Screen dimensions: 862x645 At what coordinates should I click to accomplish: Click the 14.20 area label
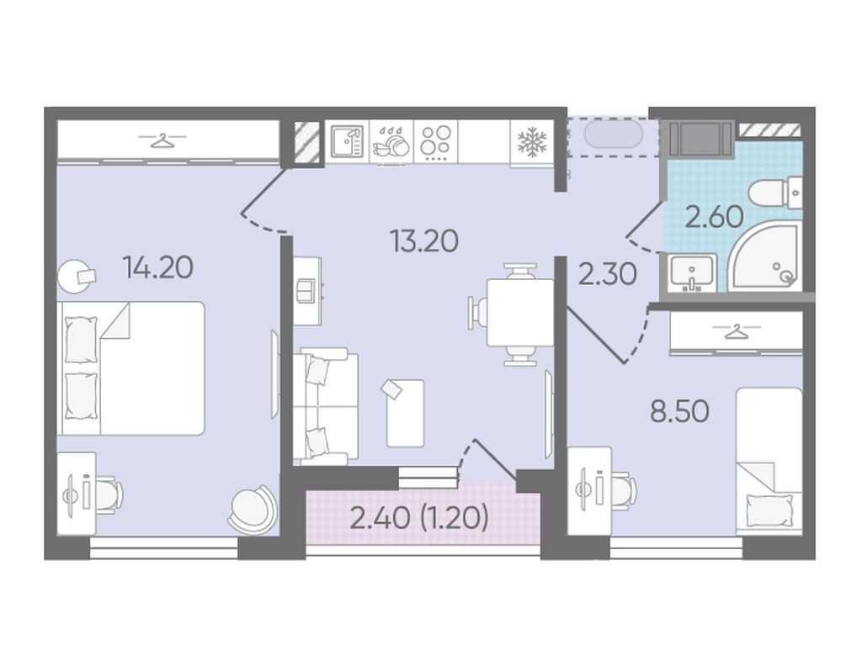(x=158, y=268)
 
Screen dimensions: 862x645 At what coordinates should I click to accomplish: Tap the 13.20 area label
(x=424, y=241)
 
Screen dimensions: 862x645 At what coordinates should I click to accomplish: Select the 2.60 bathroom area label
(x=715, y=217)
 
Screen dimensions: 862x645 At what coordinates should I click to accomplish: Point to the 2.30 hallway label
(x=608, y=273)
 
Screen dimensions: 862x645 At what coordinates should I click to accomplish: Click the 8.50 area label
(x=679, y=411)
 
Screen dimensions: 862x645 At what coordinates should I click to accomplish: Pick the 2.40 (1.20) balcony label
(x=419, y=518)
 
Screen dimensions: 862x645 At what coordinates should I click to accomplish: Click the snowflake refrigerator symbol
(x=532, y=141)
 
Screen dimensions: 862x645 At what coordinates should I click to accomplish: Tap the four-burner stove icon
(x=435, y=141)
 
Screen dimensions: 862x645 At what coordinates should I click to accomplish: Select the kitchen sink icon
(x=348, y=141)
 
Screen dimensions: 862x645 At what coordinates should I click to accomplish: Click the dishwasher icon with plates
(x=391, y=143)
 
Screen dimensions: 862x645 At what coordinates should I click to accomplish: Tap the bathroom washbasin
(x=692, y=272)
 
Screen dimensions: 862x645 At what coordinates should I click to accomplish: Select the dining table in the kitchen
(x=520, y=313)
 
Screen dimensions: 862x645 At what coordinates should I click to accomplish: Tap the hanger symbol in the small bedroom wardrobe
(x=736, y=330)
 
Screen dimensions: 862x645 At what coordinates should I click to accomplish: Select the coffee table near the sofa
(x=405, y=413)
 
